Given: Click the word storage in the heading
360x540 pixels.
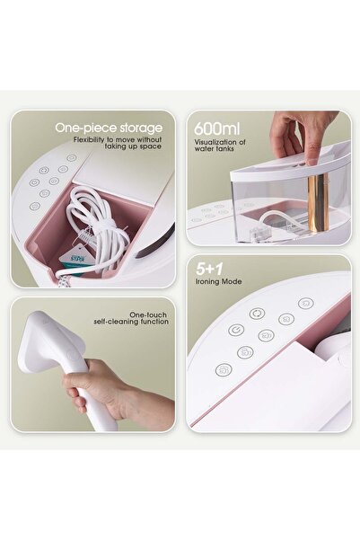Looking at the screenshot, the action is (x=141, y=128).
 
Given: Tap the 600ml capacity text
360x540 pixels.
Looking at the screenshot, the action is (x=217, y=128).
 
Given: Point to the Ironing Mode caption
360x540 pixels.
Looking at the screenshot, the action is (x=218, y=281).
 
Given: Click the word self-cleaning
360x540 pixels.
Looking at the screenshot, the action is (x=118, y=322).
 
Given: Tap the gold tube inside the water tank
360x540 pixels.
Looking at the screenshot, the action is (x=317, y=203).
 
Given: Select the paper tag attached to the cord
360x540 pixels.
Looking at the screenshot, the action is (x=73, y=257).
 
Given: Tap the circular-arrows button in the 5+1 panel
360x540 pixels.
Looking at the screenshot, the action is (x=257, y=314).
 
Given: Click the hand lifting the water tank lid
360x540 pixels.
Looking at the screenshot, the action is (x=303, y=135).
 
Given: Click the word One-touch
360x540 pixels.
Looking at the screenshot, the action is (x=148, y=314).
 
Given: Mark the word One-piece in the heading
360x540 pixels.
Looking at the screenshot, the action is (x=86, y=128).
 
